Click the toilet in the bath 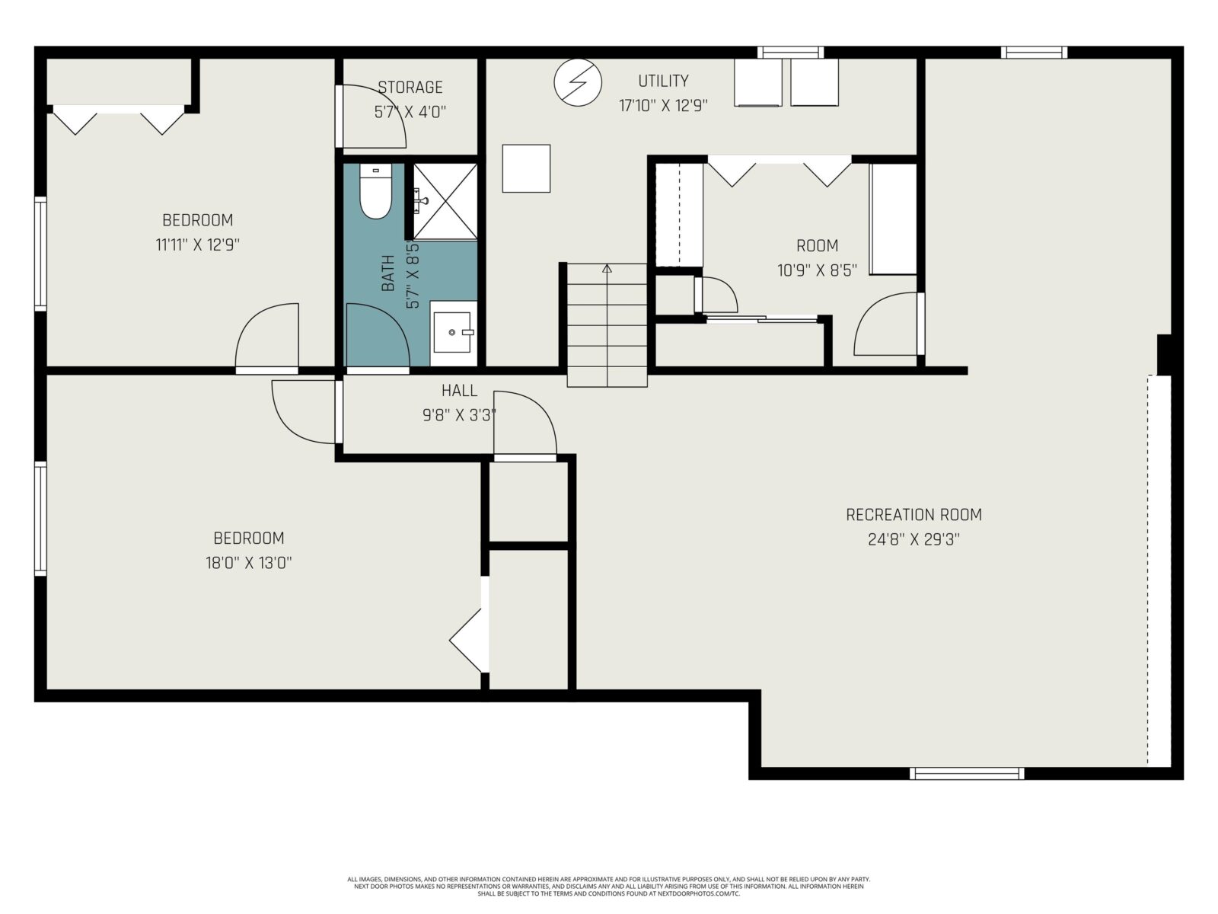(x=375, y=190)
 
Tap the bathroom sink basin (x=453, y=332)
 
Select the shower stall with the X (x=445, y=201)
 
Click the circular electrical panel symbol (x=578, y=82)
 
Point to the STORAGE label (x=410, y=87)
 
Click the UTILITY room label (x=663, y=81)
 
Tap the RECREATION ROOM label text (x=913, y=514)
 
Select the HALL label (x=459, y=391)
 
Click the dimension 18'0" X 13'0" (x=249, y=563)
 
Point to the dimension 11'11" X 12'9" (x=197, y=244)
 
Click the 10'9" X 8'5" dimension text (x=817, y=270)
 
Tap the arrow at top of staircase (x=607, y=268)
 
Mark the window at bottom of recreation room (x=966, y=773)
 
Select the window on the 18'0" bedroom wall (x=40, y=519)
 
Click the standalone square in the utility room (x=526, y=168)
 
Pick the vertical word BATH (x=388, y=273)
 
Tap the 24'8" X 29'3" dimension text (x=913, y=539)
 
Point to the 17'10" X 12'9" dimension (x=663, y=105)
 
